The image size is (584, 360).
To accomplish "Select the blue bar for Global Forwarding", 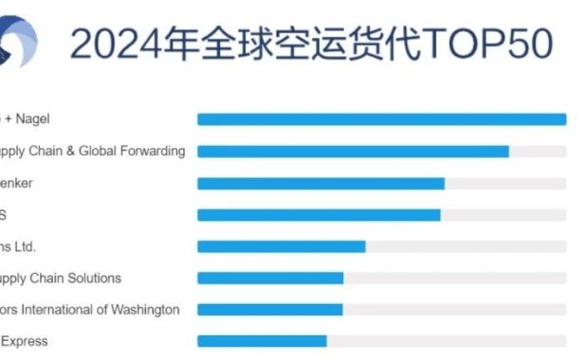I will [353, 151].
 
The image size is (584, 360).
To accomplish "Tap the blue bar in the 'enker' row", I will [320, 183].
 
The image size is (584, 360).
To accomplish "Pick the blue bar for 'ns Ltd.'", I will [281, 246].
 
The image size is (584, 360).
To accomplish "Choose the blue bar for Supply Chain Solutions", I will [270, 279].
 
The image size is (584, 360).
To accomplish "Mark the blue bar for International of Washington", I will [269, 309].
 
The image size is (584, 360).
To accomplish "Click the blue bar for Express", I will [262, 341].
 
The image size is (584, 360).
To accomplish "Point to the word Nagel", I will [32, 118].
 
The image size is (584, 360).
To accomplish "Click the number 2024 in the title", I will [112, 44].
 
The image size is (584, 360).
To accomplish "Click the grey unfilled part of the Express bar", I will [446, 341].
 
